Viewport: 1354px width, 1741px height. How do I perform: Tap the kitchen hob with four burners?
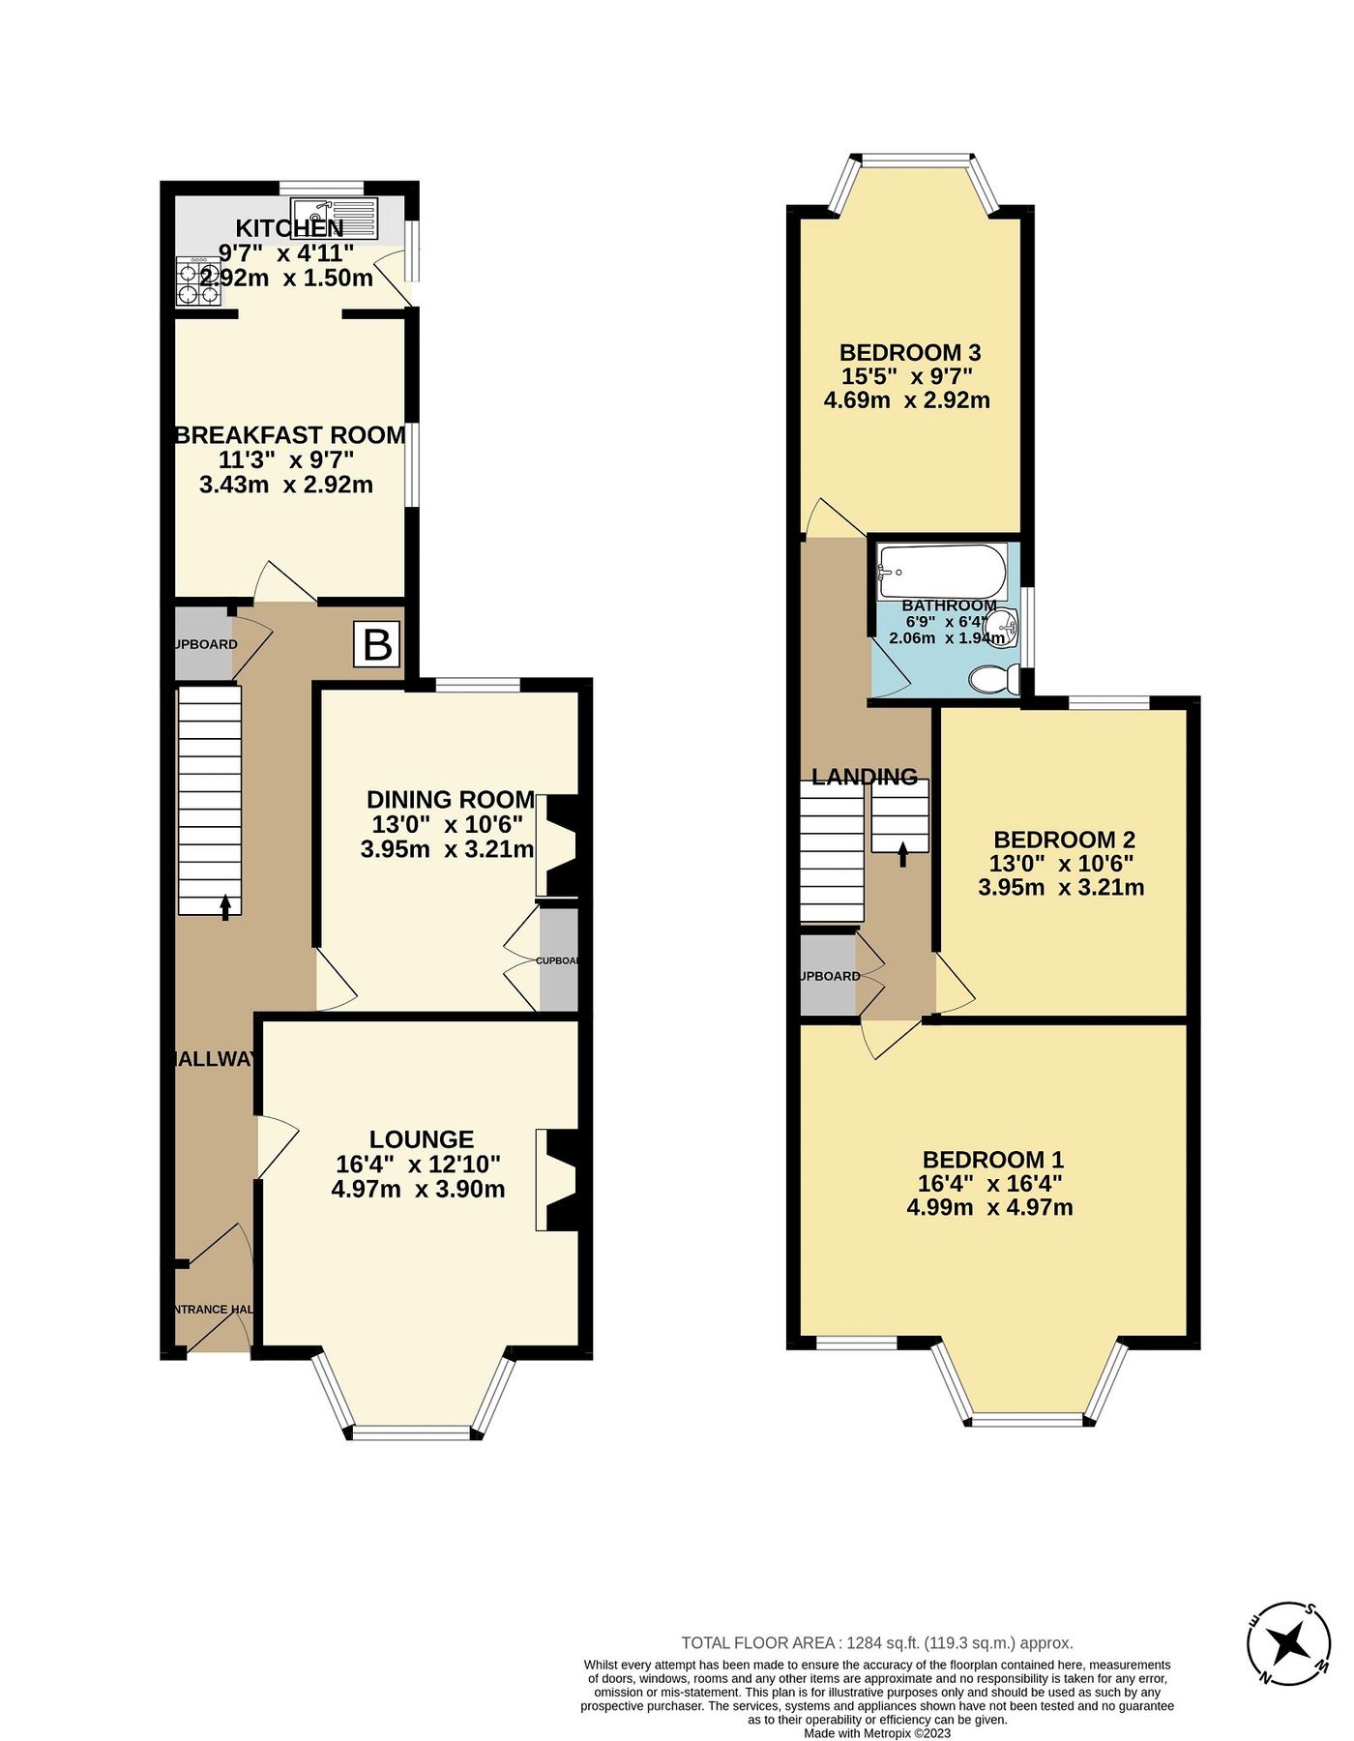pyautogui.click(x=197, y=282)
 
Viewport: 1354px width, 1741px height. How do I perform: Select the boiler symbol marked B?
pyautogui.click(x=377, y=645)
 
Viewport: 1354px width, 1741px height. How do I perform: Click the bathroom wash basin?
pyautogui.click(x=1007, y=627)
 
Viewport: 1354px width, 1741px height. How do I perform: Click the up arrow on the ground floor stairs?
pyautogui.click(x=226, y=906)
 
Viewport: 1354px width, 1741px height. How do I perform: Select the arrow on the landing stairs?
pyautogui.click(x=903, y=853)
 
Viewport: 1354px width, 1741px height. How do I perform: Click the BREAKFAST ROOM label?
pyautogui.click(x=290, y=435)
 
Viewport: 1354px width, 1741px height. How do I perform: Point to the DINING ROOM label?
pyautogui.click(x=451, y=800)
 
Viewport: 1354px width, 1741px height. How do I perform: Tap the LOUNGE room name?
pyautogui.click(x=422, y=1140)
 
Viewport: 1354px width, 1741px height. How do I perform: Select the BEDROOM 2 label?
pyautogui.click(x=1064, y=840)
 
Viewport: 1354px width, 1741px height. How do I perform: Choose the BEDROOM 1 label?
pyautogui.click(x=993, y=1160)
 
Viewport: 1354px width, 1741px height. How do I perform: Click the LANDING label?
pyautogui.click(x=865, y=777)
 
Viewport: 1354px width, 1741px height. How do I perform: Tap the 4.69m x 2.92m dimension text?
pyautogui.click(x=907, y=400)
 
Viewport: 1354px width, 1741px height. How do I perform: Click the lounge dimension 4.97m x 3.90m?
pyautogui.click(x=418, y=1190)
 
